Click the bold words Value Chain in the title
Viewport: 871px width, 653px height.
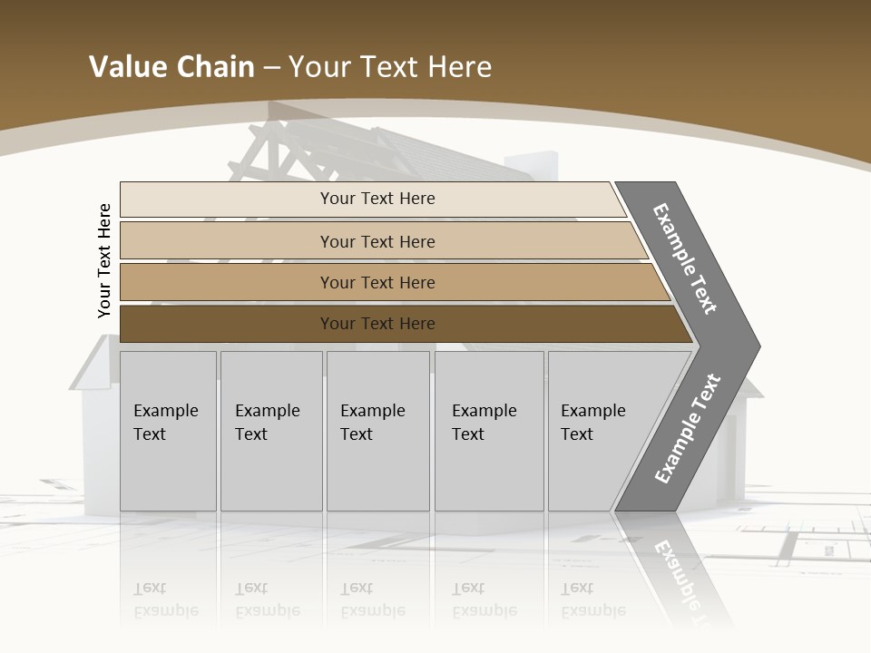(x=171, y=67)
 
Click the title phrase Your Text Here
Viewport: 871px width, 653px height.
(x=390, y=67)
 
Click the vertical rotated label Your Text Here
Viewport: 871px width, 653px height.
(x=104, y=260)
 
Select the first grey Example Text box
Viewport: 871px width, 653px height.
(x=168, y=431)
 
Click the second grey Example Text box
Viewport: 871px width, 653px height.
(x=271, y=431)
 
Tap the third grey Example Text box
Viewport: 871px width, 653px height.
(x=377, y=431)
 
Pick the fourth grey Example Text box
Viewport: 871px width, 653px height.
(x=489, y=431)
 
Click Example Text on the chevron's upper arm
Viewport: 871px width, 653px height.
(x=685, y=258)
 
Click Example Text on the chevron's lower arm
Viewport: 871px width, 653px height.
(x=688, y=429)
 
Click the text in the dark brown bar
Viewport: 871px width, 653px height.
(x=377, y=324)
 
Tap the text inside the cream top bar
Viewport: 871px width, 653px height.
(x=377, y=199)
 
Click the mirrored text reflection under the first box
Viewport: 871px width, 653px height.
(x=166, y=599)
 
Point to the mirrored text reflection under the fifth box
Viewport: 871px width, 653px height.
(x=593, y=599)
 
